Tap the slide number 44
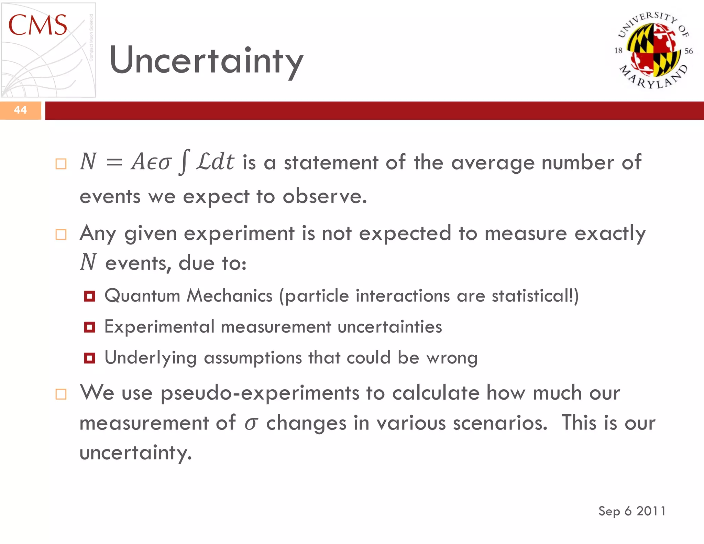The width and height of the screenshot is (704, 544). (20, 110)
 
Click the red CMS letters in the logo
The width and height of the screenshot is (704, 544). (37, 25)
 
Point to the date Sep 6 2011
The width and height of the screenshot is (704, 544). (632, 511)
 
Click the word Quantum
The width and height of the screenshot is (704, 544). (142, 296)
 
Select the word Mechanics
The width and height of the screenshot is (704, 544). (229, 296)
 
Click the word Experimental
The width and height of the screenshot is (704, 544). (159, 327)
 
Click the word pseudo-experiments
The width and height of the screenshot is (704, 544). (260, 393)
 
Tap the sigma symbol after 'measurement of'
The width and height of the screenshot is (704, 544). (251, 423)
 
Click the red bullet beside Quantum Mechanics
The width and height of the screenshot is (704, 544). (89, 296)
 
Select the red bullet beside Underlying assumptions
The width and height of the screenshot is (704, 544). (89, 358)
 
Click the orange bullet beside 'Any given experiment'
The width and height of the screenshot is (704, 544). (61, 235)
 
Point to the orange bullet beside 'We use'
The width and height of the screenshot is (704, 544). (61, 394)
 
